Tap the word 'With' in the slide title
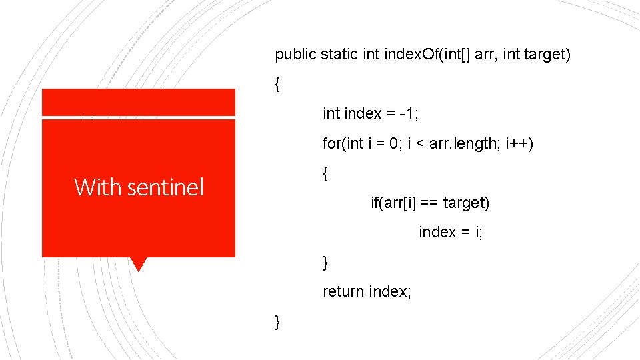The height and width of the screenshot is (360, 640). point(97,187)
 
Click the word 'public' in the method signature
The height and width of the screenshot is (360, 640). point(296,55)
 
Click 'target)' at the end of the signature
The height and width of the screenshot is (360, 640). point(547,55)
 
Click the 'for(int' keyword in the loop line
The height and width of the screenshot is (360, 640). point(343,143)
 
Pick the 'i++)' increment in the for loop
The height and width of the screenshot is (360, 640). point(521,143)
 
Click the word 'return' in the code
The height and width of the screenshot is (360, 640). point(343,291)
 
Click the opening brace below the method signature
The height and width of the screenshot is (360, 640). point(277,85)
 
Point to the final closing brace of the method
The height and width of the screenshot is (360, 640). point(277,322)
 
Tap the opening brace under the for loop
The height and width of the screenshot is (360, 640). point(325,174)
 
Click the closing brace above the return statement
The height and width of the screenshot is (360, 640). point(325,263)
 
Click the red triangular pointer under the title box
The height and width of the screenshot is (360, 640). point(139,264)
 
